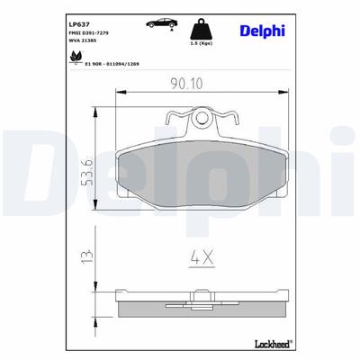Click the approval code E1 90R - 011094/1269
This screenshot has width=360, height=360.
click(x=100, y=64)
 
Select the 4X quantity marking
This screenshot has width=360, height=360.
click(x=202, y=258)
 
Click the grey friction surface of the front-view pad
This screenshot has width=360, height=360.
click(x=205, y=180)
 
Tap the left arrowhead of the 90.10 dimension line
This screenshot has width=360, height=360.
click(x=121, y=93)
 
